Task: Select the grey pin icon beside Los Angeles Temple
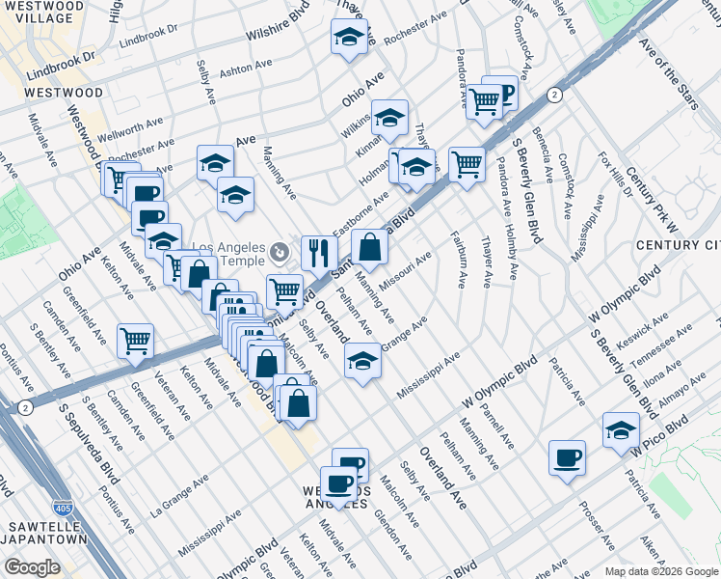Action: click(x=280, y=252)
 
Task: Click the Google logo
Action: click(x=32, y=566)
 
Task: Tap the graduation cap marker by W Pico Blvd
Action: click(x=621, y=430)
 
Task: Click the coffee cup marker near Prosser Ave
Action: click(x=567, y=457)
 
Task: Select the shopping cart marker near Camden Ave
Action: click(x=135, y=341)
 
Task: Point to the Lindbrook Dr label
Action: click(x=62, y=57)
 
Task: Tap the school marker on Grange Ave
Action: click(x=362, y=362)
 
